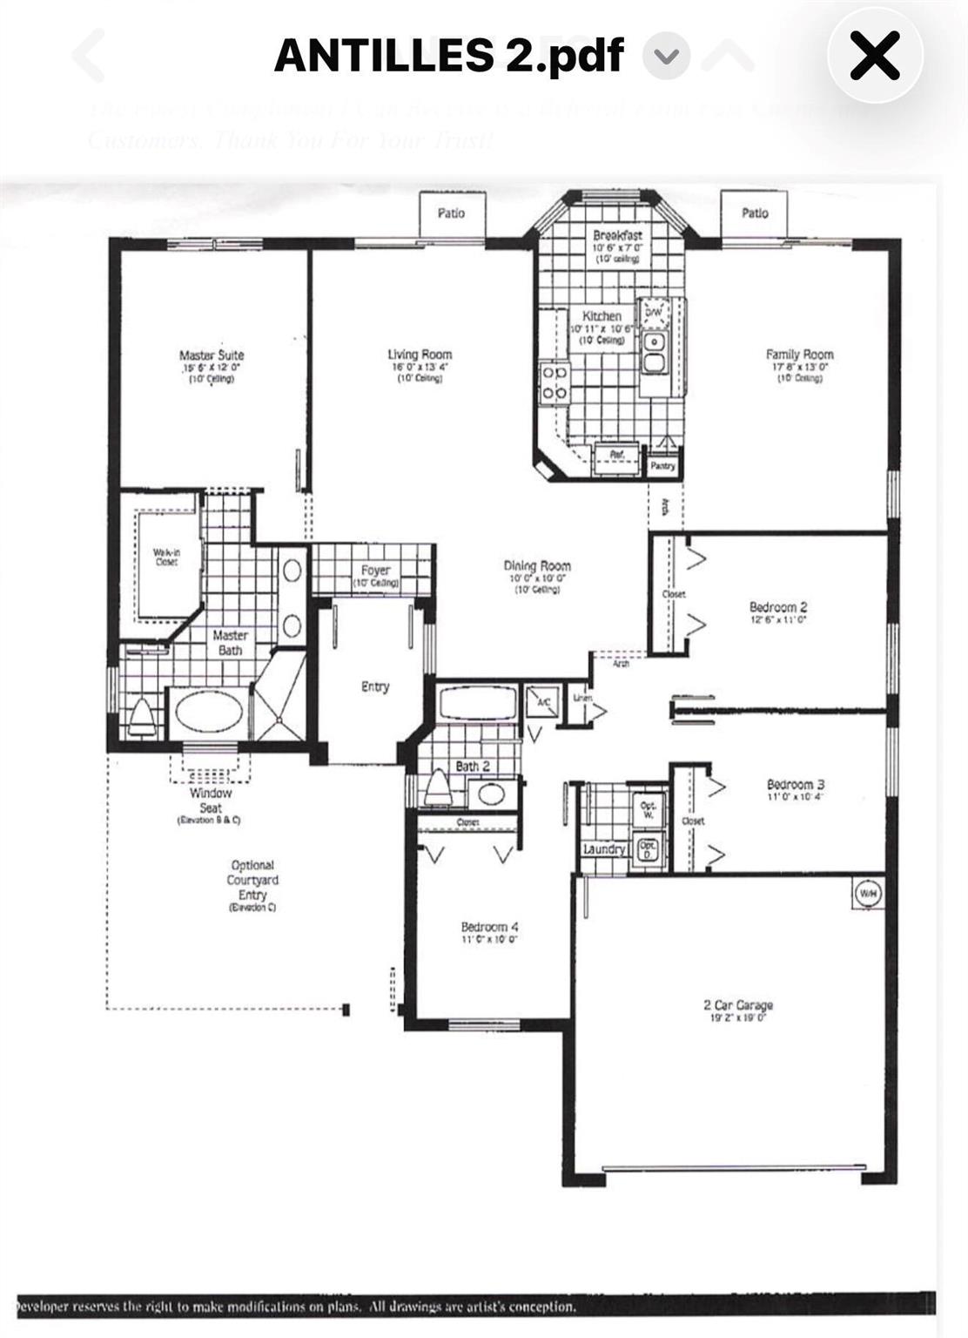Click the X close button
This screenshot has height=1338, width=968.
(874, 57)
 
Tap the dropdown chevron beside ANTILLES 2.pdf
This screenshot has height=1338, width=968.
(666, 57)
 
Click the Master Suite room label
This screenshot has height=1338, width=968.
(212, 355)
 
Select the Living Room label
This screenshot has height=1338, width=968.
(420, 355)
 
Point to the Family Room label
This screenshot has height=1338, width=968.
(799, 355)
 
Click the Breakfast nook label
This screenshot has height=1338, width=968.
(617, 235)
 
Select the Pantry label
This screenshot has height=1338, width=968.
(662, 466)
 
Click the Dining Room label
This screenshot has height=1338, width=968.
(536, 565)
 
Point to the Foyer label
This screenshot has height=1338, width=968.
(375, 571)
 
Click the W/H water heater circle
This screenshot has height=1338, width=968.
(868, 893)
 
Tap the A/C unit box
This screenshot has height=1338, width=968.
(542, 702)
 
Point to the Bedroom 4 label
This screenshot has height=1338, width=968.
(489, 927)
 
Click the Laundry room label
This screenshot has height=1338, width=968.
(604, 848)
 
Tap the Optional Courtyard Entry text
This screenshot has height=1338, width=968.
(252, 880)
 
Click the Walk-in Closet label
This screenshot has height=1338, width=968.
(166, 557)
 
